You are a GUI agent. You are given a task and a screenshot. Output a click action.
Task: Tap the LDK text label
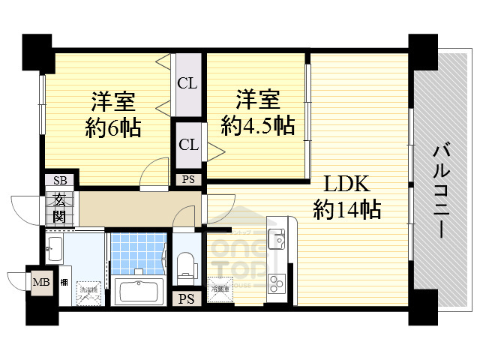[x=346, y=184]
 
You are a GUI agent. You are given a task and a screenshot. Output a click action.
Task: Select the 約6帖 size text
[x=112, y=127]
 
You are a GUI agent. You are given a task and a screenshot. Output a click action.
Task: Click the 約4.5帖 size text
[x=257, y=125]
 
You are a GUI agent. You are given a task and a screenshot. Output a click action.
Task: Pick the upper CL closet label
[x=187, y=83]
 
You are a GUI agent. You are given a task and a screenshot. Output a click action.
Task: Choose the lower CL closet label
[x=187, y=144]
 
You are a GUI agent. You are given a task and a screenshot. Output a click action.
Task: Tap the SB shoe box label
[x=59, y=181]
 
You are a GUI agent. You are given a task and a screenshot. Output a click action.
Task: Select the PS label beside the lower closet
[x=187, y=179]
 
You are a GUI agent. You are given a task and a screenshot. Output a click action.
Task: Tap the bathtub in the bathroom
[x=139, y=292]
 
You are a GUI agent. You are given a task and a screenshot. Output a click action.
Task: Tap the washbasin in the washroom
[x=54, y=250]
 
